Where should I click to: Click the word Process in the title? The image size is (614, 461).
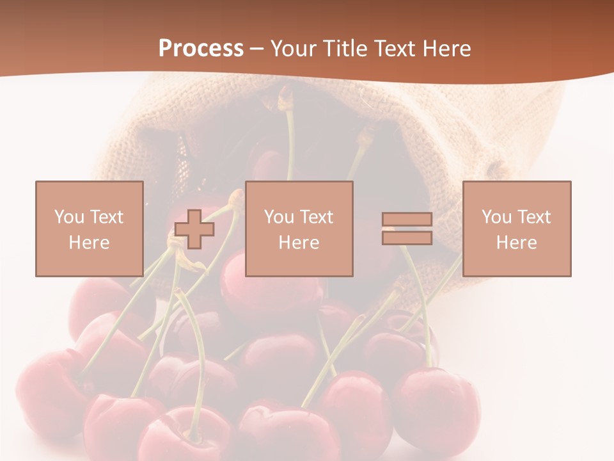(201, 49)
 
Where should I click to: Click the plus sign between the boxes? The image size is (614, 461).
(194, 229)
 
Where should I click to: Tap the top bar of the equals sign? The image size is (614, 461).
(407, 220)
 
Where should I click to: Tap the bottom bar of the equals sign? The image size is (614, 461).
(407, 238)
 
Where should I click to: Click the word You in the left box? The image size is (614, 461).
(68, 217)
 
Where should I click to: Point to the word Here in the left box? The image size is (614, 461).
(89, 243)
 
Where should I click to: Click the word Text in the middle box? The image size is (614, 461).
(316, 217)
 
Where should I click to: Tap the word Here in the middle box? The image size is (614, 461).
(299, 243)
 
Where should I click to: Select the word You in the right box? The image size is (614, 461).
(495, 217)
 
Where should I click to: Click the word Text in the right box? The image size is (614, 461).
(533, 217)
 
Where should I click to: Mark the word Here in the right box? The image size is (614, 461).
(516, 243)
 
